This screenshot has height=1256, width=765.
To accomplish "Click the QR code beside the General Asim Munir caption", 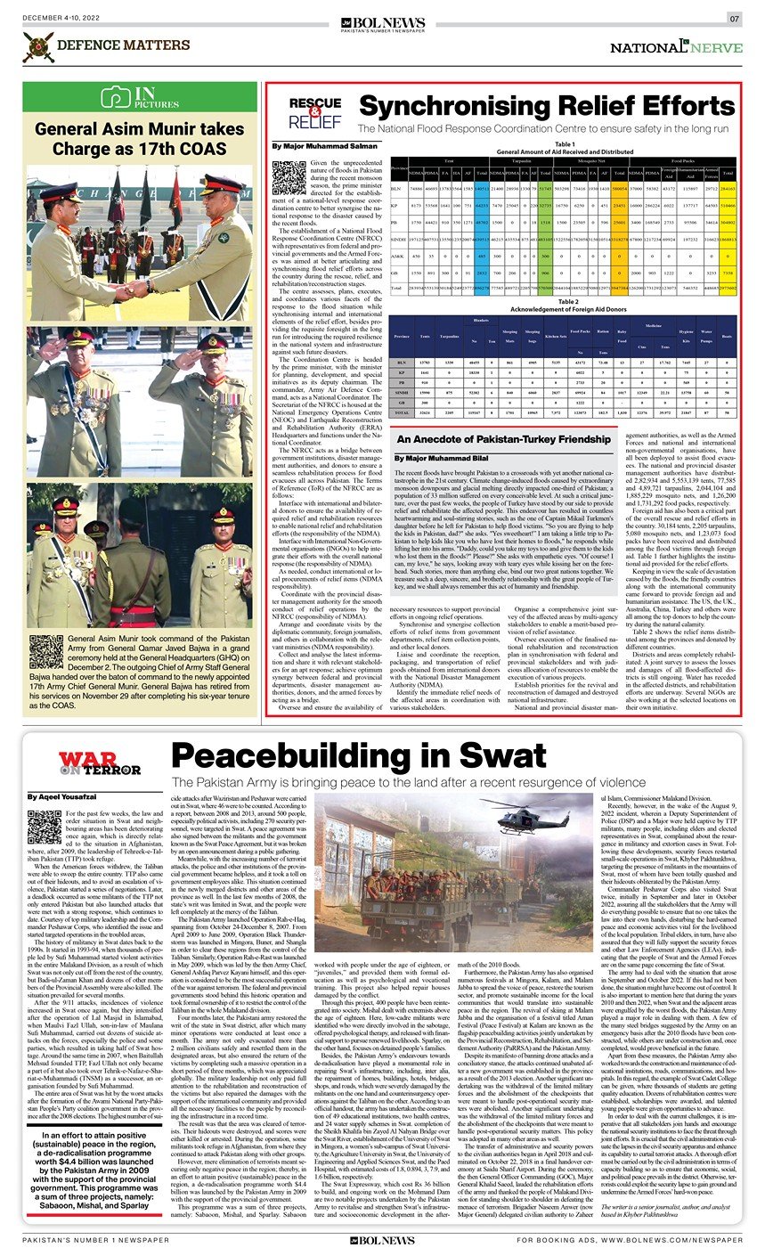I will pyautogui.click(x=45, y=654).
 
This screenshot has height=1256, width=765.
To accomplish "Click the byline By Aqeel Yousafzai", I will pyautogui.click(x=59, y=796).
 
